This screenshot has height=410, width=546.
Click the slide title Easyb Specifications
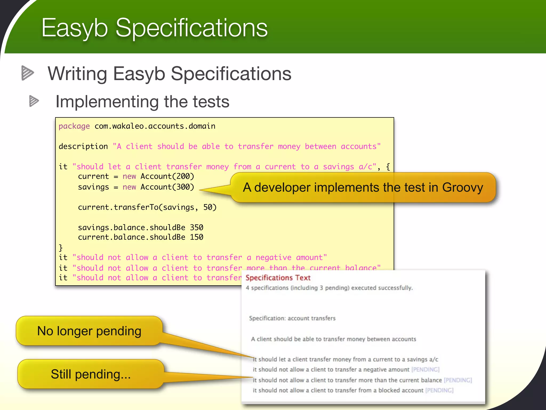click(154, 28)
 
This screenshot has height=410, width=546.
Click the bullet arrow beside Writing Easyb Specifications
click(27, 73)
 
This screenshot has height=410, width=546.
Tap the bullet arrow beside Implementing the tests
click(34, 101)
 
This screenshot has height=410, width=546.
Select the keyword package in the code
click(74, 126)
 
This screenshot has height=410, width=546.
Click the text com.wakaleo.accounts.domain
click(155, 126)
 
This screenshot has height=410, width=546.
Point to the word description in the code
click(83, 146)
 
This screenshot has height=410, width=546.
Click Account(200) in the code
click(167, 176)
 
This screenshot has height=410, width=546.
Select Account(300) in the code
click(167, 187)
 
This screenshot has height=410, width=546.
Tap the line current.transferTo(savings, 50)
click(147, 207)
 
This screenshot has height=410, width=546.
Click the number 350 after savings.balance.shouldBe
click(196, 227)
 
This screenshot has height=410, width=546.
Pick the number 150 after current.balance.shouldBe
click(196, 237)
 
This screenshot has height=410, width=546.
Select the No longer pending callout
click(89, 331)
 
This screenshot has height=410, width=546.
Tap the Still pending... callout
click(91, 374)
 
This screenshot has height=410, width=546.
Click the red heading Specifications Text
click(278, 278)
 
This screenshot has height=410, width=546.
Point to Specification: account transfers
click(292, 318)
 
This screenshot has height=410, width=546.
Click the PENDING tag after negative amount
click(425, 369)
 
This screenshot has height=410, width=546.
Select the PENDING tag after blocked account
click(439, 390)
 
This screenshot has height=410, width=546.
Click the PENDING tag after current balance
click(458, 380)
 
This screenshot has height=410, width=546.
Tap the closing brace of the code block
click(61, 247)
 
